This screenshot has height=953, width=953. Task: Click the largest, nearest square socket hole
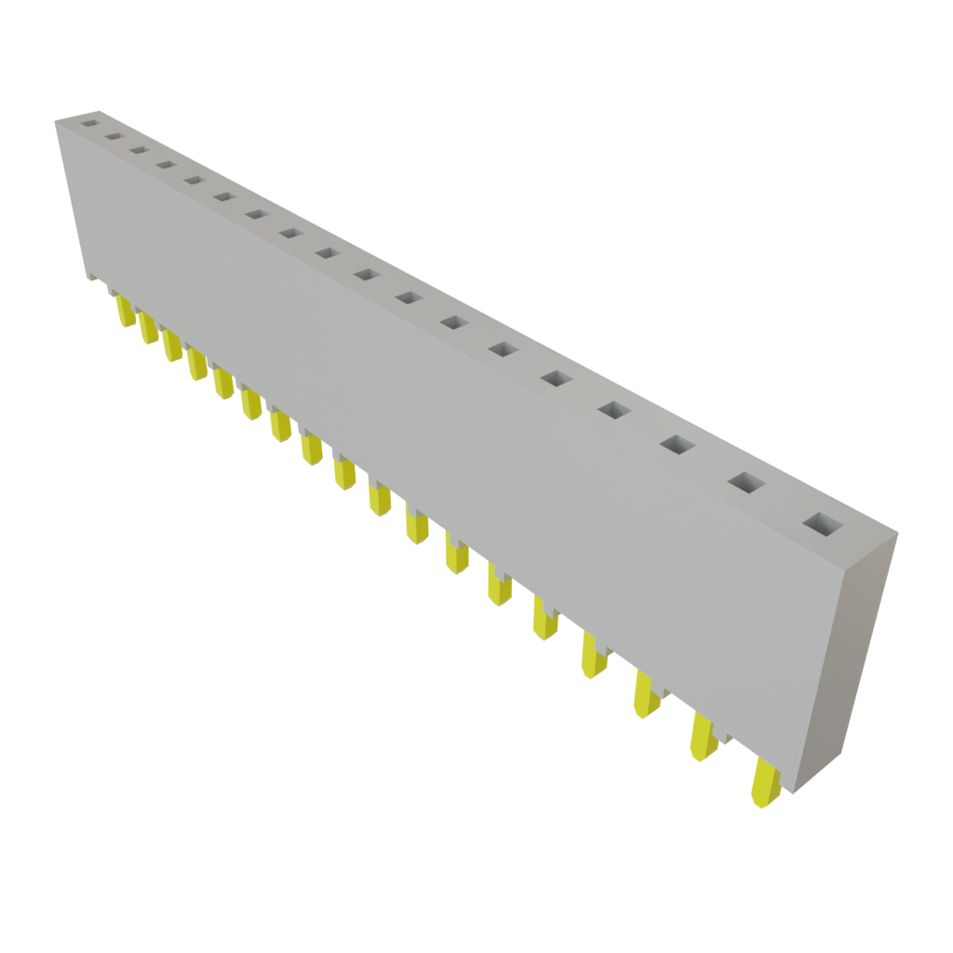pos(822,526)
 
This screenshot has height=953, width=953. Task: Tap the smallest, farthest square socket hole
pos(89,121)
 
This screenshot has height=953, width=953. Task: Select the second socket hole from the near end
pos(745,482)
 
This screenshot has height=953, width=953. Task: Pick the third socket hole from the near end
pos(677,446)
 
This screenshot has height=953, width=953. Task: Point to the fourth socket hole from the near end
pos(612,409)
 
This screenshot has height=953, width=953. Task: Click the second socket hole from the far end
pos(114,136)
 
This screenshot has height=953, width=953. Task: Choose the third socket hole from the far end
pos(140,150)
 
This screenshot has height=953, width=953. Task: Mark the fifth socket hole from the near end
pos(555,378)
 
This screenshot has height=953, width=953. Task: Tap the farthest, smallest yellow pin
pos(124,312)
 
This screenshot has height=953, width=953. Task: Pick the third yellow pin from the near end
pos(645,694)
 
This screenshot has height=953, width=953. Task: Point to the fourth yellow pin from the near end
pos(592,654)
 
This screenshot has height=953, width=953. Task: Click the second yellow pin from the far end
pos(147,329)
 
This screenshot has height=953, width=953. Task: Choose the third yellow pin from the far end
pos(171,346)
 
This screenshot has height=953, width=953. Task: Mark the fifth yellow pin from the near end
pos(544,619)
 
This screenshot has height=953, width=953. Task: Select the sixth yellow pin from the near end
pos(500,586)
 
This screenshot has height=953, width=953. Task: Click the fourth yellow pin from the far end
pos(196,364)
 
